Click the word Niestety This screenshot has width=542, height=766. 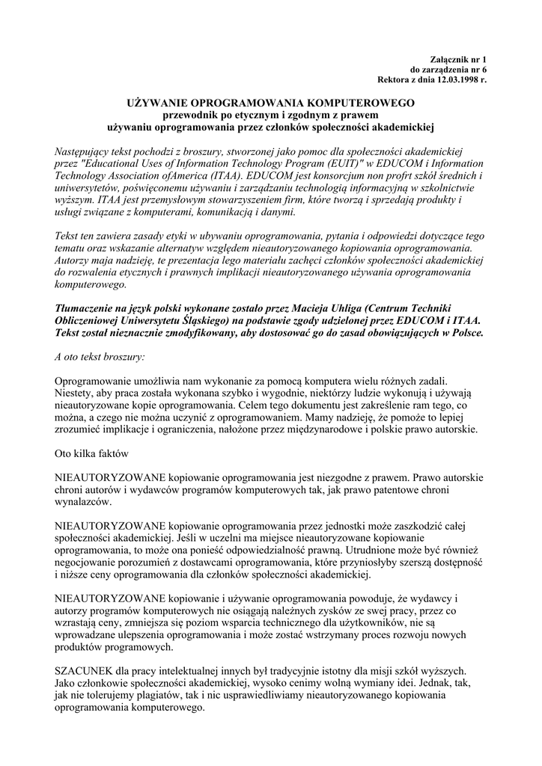[x=74, y=393]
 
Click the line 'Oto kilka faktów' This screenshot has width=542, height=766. [x=93, y=453]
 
